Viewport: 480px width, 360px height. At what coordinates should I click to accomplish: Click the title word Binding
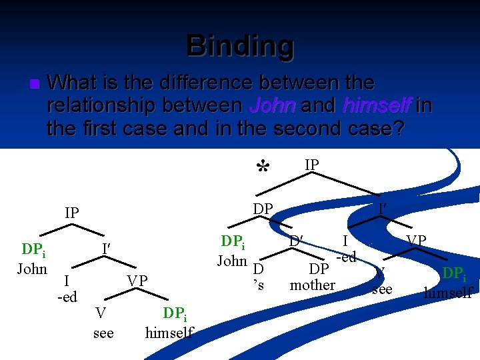[x=240, y=45]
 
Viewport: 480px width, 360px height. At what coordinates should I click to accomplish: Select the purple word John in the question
[x=272, y=105]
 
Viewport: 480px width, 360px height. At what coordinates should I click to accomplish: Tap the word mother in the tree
[x=313, y=285]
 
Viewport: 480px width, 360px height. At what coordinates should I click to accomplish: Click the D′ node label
[x=297, y=239]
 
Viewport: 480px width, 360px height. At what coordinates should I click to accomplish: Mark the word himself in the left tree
[x=169, y=332]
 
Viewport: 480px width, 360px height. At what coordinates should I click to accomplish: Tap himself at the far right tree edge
[x=449, y=292]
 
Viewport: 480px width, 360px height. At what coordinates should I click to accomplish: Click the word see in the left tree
[x=103, y=332]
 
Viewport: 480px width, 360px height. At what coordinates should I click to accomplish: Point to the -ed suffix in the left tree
[x=67, y=297]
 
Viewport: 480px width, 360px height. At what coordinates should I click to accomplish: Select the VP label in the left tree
[x=137, y=281]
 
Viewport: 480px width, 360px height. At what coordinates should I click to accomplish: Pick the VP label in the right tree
[x=416, y=240]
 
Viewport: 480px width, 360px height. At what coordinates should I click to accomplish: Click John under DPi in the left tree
[x=32, y=269]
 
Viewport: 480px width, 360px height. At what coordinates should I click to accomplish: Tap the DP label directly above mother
[x=318, y=269]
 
